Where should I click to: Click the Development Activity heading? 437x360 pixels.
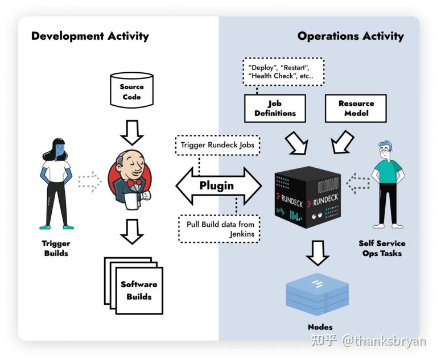(90, 36)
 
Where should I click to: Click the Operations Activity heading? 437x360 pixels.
(350, 36)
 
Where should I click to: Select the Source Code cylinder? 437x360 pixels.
(131, 91)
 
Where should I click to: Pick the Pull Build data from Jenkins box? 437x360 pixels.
(218, 229)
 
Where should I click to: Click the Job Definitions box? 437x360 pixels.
(275, 108)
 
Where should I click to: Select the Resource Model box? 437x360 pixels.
(356, 108)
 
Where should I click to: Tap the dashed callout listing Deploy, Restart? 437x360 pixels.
(283, 71)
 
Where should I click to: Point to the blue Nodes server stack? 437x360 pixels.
(318, 294)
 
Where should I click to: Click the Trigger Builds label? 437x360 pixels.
(56, 248)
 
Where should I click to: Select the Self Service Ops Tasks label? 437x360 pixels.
(382, 248)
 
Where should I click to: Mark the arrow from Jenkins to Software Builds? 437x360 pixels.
(132, 231)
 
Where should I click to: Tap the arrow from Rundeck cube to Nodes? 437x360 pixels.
(318, 251)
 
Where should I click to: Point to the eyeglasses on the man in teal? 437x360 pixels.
(387, 152)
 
